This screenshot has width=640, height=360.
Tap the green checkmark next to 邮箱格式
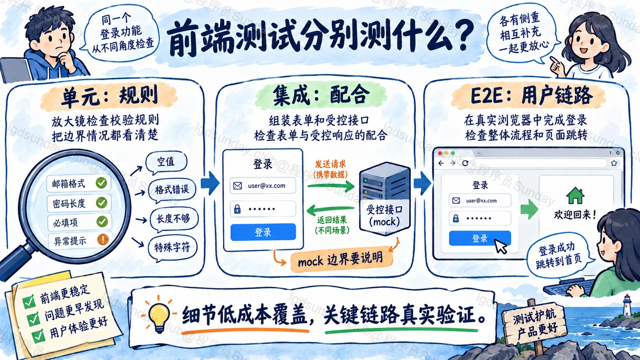click(x=102, y=182)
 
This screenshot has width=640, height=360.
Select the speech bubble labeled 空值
click(x=166, y=162)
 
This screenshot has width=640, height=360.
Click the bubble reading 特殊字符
click(x=172, y=248)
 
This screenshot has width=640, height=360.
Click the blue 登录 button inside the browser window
click(x=480, y=238)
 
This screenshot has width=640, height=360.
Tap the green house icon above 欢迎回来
click(x=575, y=196)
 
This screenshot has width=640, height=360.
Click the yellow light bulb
click(x=159, y=315)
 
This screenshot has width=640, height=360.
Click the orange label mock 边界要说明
click(x=342, y=260)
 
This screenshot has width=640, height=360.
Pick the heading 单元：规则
click(x=110, y=96)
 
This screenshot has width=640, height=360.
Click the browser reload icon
click(x=465, y=163)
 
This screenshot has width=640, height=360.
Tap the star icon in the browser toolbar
click(x=614, y=163)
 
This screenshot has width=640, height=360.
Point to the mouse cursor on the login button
click(x=500, y=246)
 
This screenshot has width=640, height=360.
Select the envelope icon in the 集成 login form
click(x=238, y=186)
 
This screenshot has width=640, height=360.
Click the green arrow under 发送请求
click(x=331, y=186)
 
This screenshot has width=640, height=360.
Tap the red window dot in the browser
click(x=440, y=154)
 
